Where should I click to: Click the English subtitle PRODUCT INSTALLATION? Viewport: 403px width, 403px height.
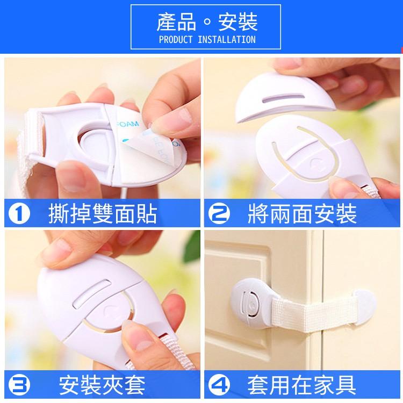[x=207, y=40]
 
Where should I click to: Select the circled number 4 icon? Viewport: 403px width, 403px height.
[x=221, y=386]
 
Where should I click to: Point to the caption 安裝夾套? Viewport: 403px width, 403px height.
[x=102, y=386]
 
